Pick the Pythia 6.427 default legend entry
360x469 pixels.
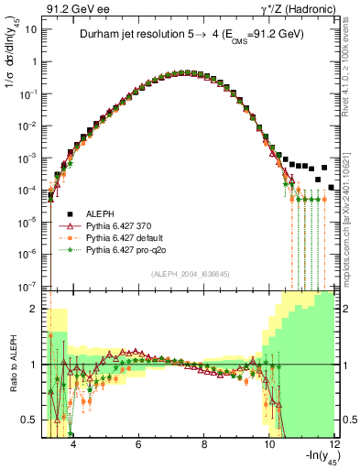(125, 237)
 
